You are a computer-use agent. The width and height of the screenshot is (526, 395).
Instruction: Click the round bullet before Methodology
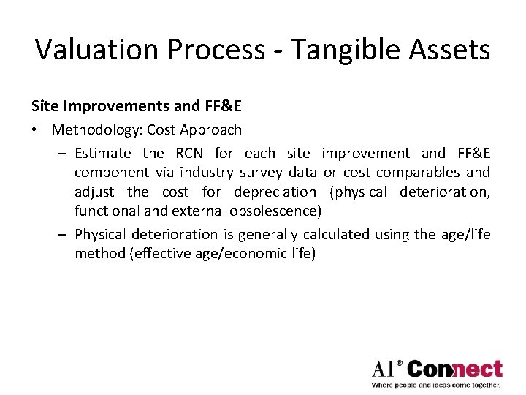click(35, 130)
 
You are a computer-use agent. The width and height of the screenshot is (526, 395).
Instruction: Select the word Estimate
click(103, 154)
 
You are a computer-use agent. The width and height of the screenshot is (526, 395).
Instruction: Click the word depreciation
click(275, 192)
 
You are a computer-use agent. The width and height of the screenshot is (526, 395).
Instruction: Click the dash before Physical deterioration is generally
click(62, 234)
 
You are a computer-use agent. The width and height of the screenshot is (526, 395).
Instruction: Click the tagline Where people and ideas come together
click(436, 385)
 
